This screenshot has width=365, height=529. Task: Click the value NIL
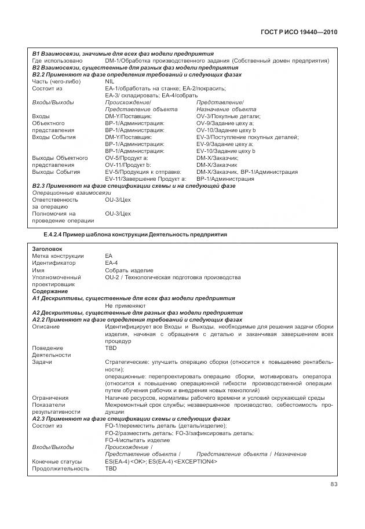click(110, 82)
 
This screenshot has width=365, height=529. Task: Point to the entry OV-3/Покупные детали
click(228, 116)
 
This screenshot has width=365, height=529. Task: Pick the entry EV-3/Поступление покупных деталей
click(247, 137)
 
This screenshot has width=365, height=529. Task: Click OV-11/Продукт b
click(127, 165)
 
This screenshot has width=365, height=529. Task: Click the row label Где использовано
click(57, 60)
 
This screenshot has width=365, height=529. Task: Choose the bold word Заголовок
click(45, 249)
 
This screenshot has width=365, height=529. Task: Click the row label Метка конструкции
click(57, 256)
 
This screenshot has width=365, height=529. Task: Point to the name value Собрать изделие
click(129, 270)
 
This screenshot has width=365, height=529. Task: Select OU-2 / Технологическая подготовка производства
click(173, 277)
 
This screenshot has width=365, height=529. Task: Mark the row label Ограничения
click(50, 397)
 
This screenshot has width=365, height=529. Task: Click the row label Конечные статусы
click(56, 461)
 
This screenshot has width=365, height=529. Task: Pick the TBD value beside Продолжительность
click(111, 468)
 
